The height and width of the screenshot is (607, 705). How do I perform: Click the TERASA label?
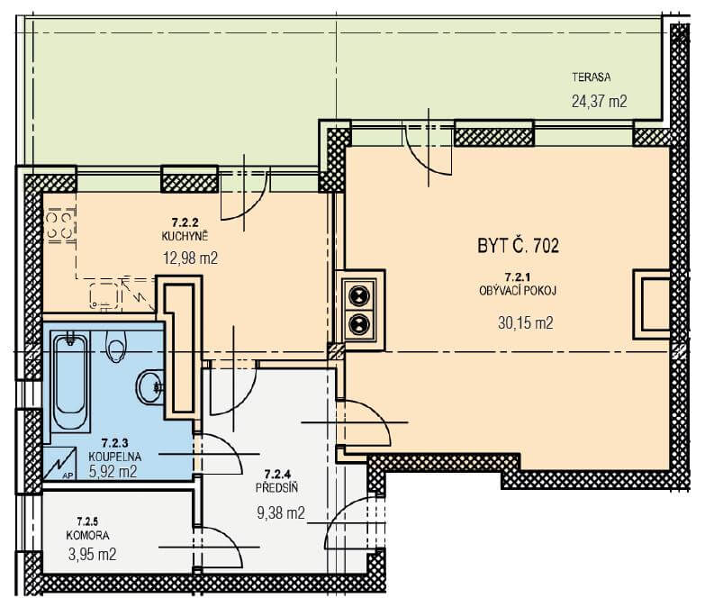[x=592, y=77]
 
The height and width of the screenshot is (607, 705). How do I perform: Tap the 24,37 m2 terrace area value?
[x=599, y=101]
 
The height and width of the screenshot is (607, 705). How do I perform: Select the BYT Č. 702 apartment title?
[x=518, y=246]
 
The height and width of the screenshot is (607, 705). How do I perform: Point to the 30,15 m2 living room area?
[x=526, y=322]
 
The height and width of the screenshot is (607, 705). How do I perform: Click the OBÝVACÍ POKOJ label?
[x=518, y=291]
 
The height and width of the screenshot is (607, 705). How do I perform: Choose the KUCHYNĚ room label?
[x=185, y=236]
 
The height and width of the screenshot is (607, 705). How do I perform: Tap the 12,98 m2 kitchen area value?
[x=190, y=258]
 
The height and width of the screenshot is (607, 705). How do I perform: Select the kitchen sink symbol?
[x=105, y=296]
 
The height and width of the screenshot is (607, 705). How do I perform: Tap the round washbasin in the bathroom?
[x=149, y=387]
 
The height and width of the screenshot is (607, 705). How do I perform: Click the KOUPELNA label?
[x=114, y=457]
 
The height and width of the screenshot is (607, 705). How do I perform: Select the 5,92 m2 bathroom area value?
[x=113, y=471]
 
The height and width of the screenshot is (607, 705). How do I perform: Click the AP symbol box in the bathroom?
[x=59, y=463]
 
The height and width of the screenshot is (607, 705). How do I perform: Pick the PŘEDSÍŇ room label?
[x=276, y=487]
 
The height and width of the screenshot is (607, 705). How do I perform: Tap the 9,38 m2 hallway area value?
[x=281, y=512]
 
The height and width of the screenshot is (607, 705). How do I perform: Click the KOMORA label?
[x=87, y=535]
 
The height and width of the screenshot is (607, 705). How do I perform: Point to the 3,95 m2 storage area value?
[x=92, y=554]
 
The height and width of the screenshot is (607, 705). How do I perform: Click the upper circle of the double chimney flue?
[x=359, y=296]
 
